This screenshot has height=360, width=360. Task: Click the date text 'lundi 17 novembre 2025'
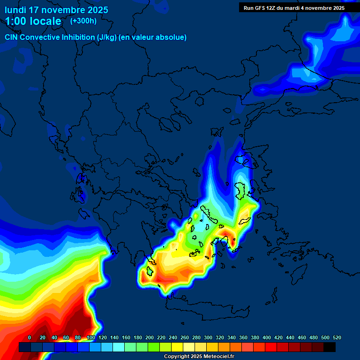56,10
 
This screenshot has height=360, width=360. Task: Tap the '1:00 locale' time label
33,21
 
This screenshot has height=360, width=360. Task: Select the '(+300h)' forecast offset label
83,21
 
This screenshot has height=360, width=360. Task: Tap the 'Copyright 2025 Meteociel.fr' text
199,357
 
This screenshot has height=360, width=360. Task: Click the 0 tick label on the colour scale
30,337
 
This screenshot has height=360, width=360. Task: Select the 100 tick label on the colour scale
90,337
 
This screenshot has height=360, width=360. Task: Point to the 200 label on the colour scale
150,337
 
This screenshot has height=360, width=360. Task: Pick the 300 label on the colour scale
208,337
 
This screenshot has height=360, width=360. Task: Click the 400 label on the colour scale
267,337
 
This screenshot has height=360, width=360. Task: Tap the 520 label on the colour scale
337,337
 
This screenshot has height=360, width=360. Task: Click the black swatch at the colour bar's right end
330,347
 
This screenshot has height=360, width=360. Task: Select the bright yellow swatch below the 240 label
177,347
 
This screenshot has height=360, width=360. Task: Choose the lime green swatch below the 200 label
154,347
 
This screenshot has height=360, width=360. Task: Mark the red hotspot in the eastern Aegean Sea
226,234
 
